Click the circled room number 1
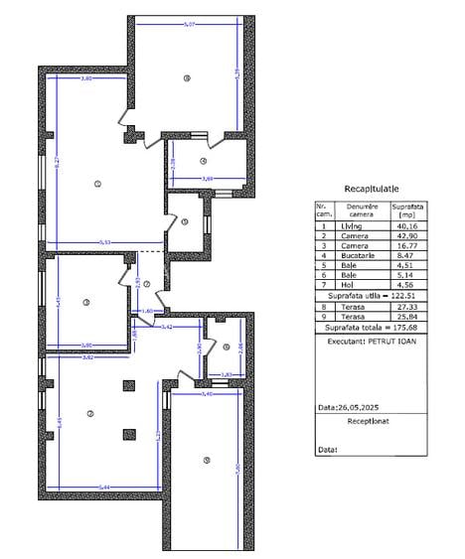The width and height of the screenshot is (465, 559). [x=97, y=183]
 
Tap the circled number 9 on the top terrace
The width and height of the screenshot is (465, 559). [x=186, y=77]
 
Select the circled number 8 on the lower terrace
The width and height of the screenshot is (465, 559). [x=206, y=459]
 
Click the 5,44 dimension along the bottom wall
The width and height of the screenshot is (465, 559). [x=103, y=487]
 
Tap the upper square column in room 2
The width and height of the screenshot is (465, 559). [x=128, y=387]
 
